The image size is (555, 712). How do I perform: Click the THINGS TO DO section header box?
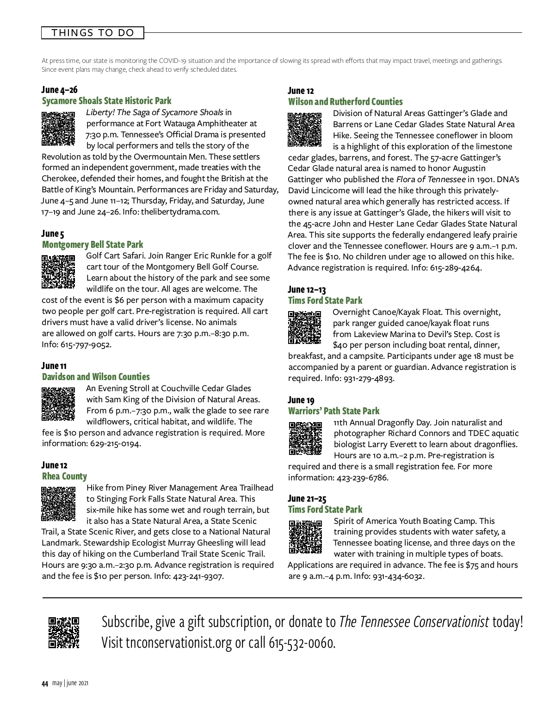(x=92, y=33)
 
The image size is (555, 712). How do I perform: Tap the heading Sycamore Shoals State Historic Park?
(x=106, y=101)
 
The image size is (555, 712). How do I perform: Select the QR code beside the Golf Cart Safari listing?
(x=58, y=271)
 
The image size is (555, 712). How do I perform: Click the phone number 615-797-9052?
(x=86, y=344)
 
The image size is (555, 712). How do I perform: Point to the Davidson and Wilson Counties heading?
(x=96, y=377)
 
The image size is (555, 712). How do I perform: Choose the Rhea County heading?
(x=64, y=476)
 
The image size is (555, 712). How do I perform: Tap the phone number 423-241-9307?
(x=198, y=576)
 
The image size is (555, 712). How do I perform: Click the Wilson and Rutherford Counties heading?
(x=345, y=102)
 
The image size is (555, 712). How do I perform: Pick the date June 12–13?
(x=307, y=290)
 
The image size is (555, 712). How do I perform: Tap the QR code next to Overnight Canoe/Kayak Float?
(x=304, y=327)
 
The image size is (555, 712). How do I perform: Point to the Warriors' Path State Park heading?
(x=333, y=411)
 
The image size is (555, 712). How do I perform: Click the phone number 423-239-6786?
(x=362, y=478)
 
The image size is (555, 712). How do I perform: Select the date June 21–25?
(x=307, y=498)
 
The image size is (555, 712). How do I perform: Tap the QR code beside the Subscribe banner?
(x=64, y=632)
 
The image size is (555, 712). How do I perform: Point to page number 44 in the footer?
(x=45, y=684)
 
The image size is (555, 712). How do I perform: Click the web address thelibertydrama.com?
(x=180, y=212)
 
